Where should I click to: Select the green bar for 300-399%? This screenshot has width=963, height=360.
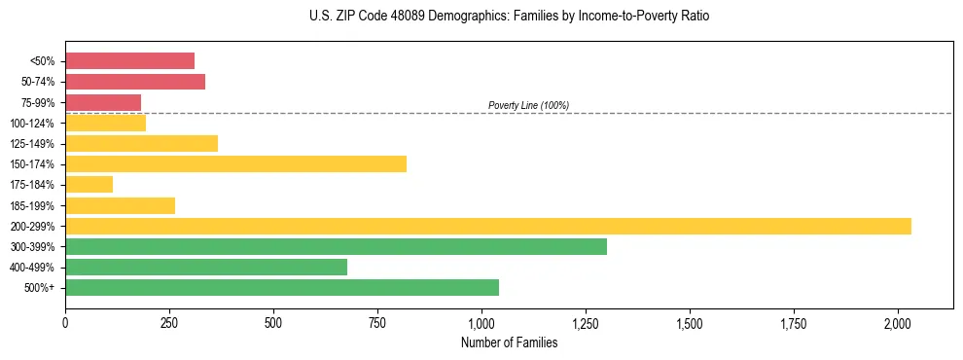tap(336, 246)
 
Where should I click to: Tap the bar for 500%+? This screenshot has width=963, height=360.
tap(282, 287)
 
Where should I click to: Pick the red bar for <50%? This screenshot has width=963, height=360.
tap(129, 60)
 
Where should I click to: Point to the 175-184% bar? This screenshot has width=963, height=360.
tap(89, 184)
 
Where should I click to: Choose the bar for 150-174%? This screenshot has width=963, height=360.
tap(235, 163)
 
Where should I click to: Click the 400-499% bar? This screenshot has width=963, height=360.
tap(206, 267)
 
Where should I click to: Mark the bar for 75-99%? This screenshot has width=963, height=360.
tap(103, 102)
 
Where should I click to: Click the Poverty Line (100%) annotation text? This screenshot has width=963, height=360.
tap(528, 105)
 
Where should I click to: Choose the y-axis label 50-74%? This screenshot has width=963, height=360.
tap(38, 82)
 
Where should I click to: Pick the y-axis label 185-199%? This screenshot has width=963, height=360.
tap(34, 205)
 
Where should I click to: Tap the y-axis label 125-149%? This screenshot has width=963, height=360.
tap(34, 143)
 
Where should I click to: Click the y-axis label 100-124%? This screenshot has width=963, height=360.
tap(34, 123)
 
